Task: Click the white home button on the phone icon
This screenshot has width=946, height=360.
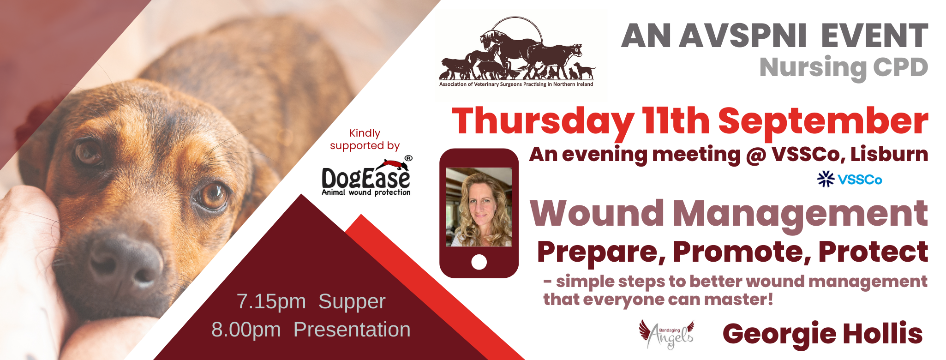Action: click(x=479, y=262)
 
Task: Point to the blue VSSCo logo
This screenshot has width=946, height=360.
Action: click(x=850, y=179)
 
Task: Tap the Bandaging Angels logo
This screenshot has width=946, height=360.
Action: click(x=666, y=335)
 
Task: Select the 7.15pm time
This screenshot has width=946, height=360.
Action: click(x=271, y=302)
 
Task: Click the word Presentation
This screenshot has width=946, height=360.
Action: click(x=352, y=330)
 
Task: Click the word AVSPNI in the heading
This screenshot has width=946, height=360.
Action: click(x=742, y=36)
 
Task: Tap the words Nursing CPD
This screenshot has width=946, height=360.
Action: click(x=844, y=67)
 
